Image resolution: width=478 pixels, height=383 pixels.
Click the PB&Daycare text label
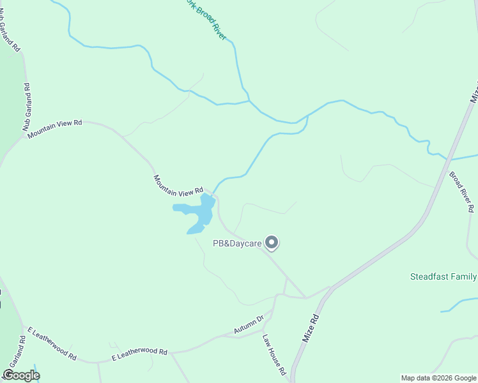pos(238,243)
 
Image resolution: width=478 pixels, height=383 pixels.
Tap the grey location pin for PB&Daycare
pos(272,243)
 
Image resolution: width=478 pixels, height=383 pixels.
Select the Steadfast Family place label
pos(443,276)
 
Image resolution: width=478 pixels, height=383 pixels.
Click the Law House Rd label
pos(274,355)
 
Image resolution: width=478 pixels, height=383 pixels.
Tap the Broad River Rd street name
pos(461,191)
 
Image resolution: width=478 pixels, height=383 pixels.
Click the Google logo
pos(21,375)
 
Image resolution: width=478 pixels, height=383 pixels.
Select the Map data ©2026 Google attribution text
pos(438,378)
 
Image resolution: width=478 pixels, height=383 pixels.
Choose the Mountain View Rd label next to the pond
pos(178,184)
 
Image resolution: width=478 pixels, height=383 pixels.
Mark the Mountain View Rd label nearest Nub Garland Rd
pos(55,126)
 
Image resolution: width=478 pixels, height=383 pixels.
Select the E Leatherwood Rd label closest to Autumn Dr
pos(139,352)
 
